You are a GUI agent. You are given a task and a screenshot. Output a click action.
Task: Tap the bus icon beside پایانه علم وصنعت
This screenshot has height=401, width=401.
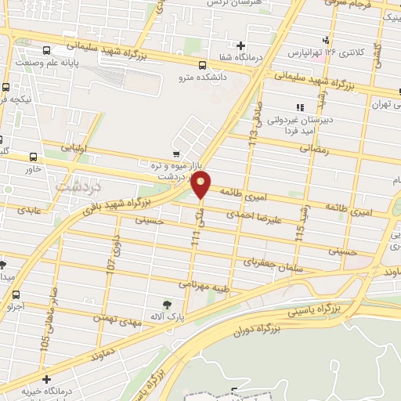coord(6,88)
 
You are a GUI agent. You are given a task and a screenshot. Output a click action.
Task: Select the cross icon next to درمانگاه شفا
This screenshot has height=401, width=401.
coord(241,45)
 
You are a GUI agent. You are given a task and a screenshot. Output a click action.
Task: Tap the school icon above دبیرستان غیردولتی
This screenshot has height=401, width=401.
coord(298,107)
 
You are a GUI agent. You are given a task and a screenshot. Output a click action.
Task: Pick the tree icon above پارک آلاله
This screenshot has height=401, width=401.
coord(166,304)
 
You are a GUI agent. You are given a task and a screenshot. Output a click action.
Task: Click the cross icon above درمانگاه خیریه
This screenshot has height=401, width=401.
coord(46,379)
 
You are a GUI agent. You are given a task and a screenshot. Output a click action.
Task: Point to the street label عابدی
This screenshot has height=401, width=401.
coord(23,210)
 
